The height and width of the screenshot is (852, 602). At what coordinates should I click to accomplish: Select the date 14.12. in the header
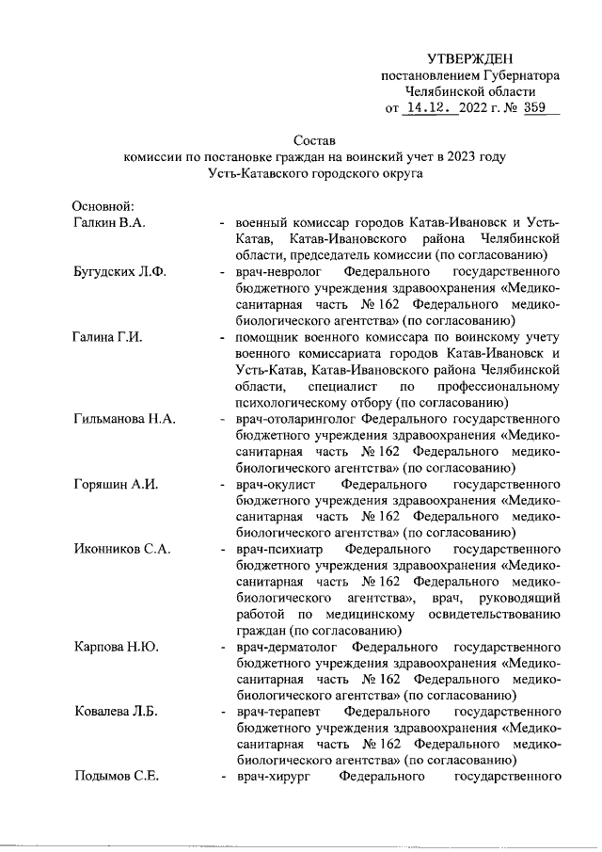(430, 107)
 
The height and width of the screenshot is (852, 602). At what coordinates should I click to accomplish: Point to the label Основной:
(105, 206)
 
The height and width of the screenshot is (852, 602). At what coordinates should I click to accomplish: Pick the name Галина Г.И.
(107, 338)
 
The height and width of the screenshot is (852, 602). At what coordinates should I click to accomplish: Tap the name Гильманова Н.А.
(125, 418)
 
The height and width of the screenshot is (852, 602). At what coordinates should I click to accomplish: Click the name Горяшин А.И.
(116, 484)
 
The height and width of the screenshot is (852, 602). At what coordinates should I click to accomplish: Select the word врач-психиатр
(278, 550)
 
